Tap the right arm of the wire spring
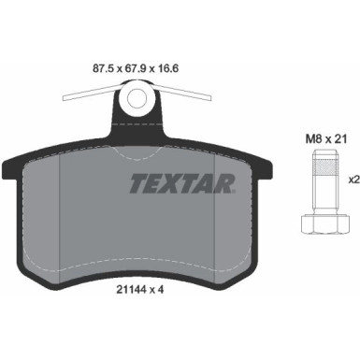pyautogui.click(x=186, y=92)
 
